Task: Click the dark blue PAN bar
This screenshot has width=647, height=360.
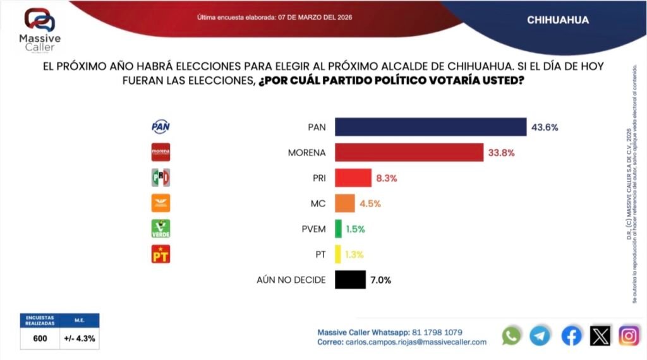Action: click(430, 127)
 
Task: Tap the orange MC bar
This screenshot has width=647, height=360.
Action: click(344, 203)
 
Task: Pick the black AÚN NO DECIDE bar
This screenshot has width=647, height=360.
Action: click(350, 280)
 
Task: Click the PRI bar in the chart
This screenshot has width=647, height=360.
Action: click(353, 178)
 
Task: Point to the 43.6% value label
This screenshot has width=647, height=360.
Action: click(545, 127)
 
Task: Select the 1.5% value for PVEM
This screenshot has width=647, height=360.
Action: click(355, 229)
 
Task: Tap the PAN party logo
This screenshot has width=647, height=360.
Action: click(161, 127)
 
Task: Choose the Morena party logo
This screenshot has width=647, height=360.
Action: click(161, 152)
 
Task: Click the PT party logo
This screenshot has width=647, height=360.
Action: click(161, 254)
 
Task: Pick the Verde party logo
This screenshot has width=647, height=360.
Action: click(161, 229)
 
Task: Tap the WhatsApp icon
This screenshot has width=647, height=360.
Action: click(511, 336)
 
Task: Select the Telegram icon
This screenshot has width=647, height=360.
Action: click(540, 336)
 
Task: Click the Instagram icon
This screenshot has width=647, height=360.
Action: click(629, 336)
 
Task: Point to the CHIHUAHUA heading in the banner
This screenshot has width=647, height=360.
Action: click(558, 20)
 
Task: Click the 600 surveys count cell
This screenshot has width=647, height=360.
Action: click(40, 338)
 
